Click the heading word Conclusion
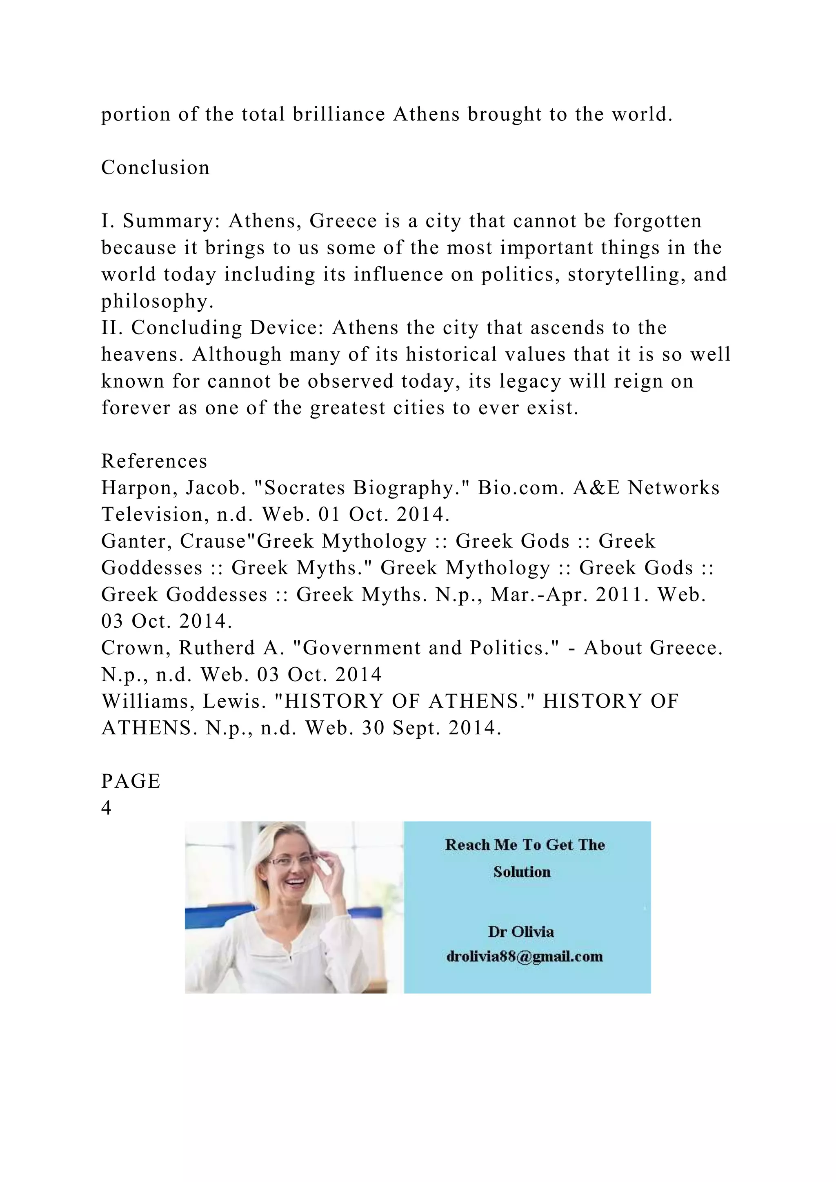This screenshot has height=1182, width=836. click(156, 167)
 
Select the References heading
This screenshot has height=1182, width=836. click(154, 461)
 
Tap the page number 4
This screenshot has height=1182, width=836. click(106, 808)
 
